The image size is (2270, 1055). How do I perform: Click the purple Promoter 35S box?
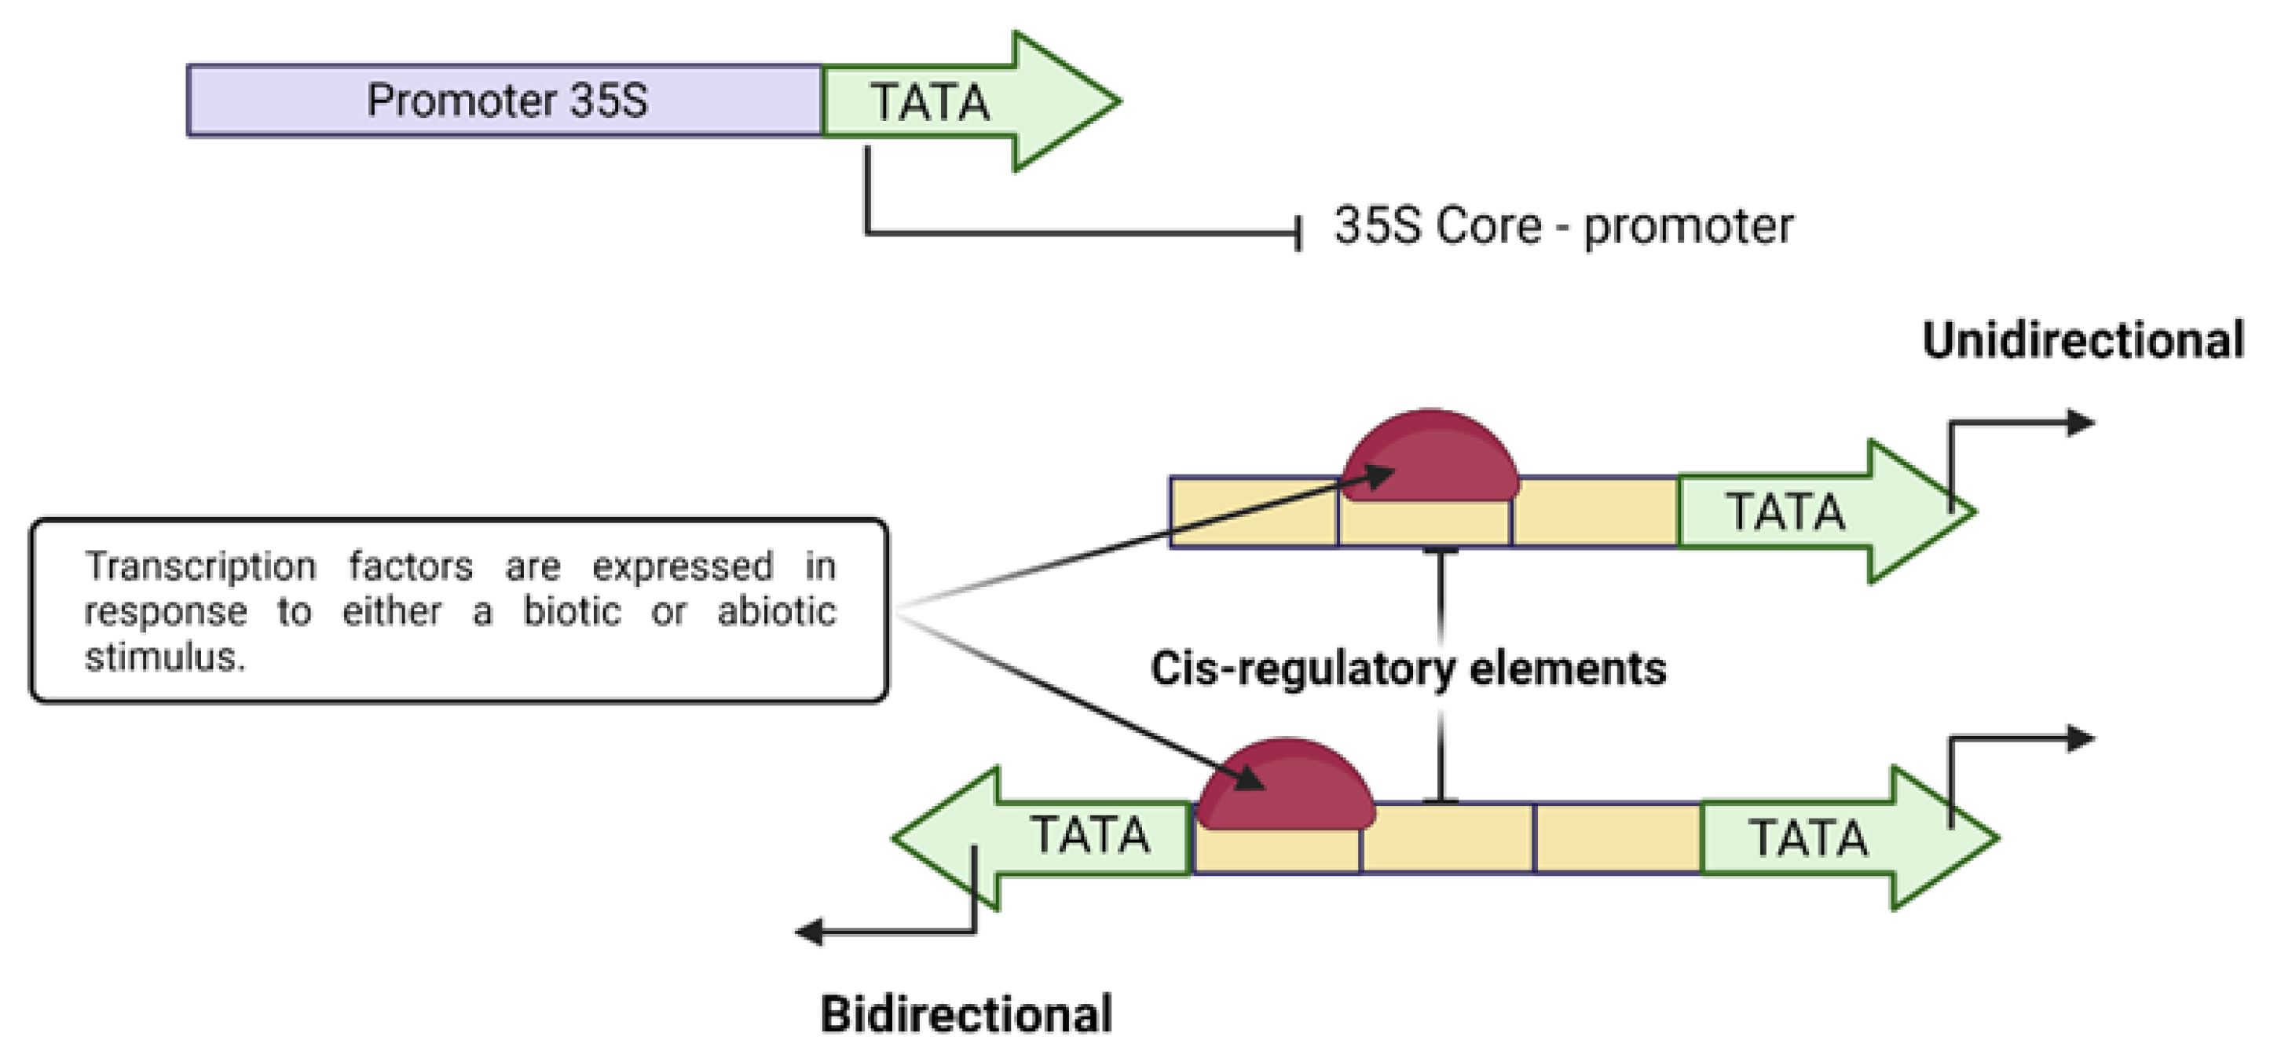(x=505, y=100)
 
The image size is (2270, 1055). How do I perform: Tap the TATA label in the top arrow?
(x=931, y=102)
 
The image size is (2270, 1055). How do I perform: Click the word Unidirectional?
(x=2082, y=340)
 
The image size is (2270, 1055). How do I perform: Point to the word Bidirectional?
(x=966, y=1013)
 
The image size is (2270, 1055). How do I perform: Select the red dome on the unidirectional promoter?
(x=1431, y=456)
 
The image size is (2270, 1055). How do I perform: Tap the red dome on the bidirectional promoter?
(x=1287, y=786)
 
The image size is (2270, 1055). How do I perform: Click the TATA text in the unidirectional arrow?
(x=1785, y=512)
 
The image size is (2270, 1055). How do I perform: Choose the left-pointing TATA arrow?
(x=1040, y=837)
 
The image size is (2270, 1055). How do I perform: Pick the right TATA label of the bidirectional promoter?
(x=1808, y=838)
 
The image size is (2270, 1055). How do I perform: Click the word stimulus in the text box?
(x=165, y=658)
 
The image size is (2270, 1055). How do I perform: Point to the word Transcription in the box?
(x=200, y=566)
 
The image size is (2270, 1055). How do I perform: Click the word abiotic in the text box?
(x=776, y=612)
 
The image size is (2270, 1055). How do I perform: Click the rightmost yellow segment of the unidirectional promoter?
(x=1595, y=513)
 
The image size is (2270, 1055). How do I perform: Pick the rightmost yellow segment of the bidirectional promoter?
(x=1618, y=838)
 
